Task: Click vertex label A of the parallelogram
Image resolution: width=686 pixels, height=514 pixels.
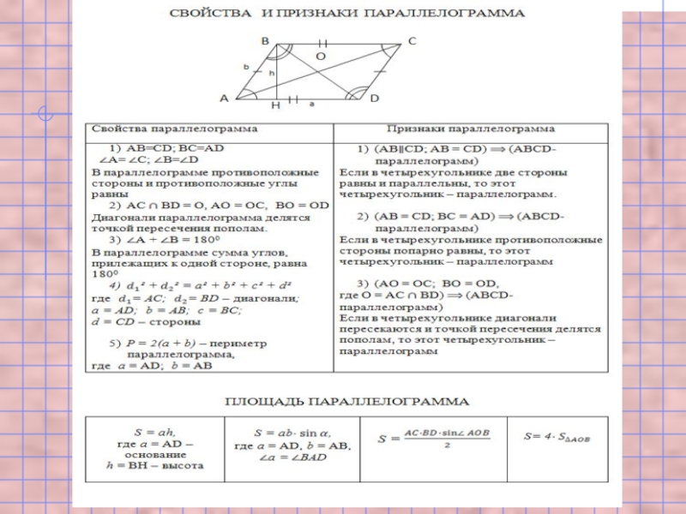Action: (224, 98)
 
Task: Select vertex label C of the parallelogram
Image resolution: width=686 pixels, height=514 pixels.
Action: (412, 40)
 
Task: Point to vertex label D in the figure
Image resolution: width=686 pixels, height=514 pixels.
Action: (375, 99)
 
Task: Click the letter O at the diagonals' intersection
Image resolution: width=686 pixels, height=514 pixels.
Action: (321, 56)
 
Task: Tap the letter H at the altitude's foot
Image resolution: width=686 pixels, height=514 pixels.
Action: (275, 106)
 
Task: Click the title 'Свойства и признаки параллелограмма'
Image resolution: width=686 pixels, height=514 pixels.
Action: (347, 15)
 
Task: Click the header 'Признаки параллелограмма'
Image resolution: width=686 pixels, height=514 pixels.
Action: (470, 128)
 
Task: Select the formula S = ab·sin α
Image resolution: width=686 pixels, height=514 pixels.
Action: (292, 433)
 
